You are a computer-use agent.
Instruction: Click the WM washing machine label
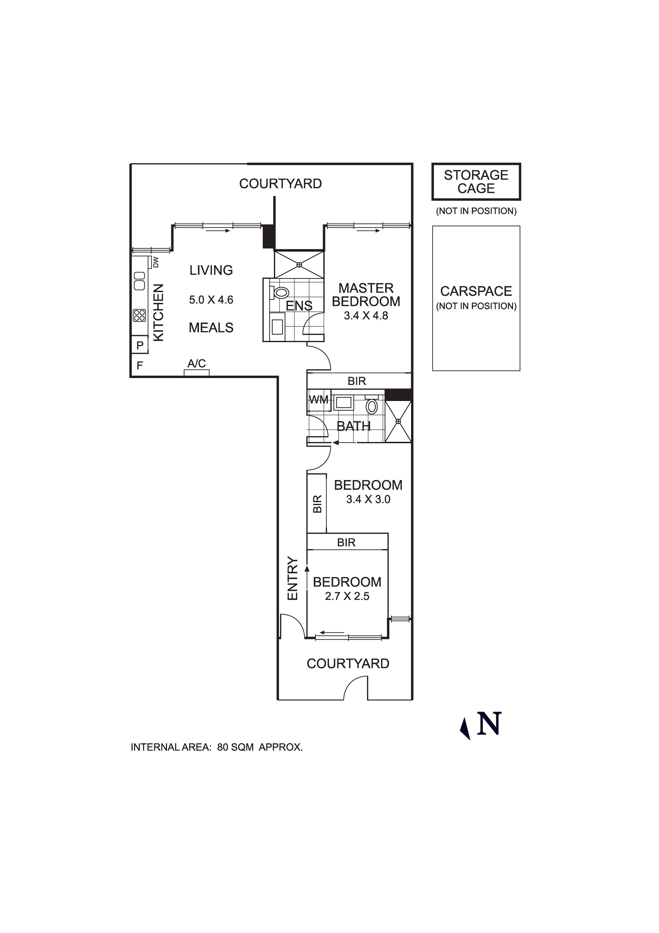(x=319, y=400)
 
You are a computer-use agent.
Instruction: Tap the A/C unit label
(x=197, y=363)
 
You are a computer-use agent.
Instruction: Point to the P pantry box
(x=140, y=345)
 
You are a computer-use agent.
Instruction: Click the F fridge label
(x=140, y=366)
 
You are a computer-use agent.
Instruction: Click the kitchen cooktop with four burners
(x=139, y=315)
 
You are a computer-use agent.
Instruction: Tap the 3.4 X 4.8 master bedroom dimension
(x=366, y=316)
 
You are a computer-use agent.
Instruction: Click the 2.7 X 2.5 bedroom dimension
(x=347, y=596)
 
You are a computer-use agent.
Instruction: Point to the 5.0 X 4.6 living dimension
(x=211, y=300)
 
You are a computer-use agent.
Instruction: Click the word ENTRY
(x=293, y=578)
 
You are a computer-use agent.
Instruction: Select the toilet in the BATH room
(x=372, y=406)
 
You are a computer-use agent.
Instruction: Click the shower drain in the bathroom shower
(x=398, y=421)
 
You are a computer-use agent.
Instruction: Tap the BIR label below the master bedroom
(x=357, y=381)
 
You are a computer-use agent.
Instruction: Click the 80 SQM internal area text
(x=235, y=747)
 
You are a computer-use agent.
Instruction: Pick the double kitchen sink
(x=139, y=280)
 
